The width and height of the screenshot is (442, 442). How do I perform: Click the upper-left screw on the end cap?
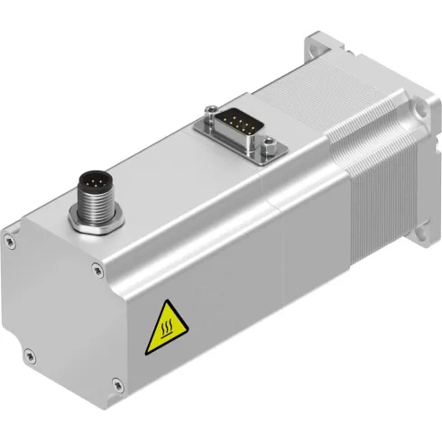pyautogui.click(x=9, y=240)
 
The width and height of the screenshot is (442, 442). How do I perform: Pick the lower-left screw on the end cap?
pyautogui.click(x=30, y=351)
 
